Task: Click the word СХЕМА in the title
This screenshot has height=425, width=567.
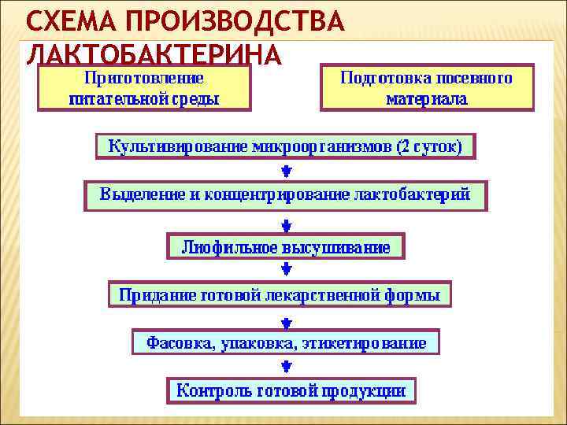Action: (x=69, y=21)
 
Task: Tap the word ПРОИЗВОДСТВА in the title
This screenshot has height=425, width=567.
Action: (x=233, y=21)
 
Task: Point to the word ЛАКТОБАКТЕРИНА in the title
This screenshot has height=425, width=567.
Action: (x=154, y=55)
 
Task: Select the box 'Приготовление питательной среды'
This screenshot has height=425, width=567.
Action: (x=144, y=88)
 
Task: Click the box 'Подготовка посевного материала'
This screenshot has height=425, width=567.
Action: (x=426, y=88)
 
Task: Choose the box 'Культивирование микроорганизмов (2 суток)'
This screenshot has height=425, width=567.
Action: (x=285, y=146)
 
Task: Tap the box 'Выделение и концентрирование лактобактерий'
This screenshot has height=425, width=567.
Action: (x=285, y=194)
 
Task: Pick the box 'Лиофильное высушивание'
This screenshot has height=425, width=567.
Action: (x=286, y=246)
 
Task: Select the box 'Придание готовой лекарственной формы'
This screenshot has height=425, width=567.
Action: (x=280, y=294)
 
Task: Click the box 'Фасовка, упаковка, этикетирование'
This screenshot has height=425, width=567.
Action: (x=285, y=342)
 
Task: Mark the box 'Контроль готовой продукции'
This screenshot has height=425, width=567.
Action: (x=291, y=389)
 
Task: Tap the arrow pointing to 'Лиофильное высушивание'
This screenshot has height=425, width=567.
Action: (x=286, y=221)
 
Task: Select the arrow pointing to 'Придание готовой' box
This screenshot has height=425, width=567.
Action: (x=286, y=270)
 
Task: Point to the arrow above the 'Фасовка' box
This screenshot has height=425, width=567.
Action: (x=286, y=320)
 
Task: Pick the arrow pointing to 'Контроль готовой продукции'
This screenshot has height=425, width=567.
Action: (x=286, y=366)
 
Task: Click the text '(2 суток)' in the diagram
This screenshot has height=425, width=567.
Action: (x=430, y=146)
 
